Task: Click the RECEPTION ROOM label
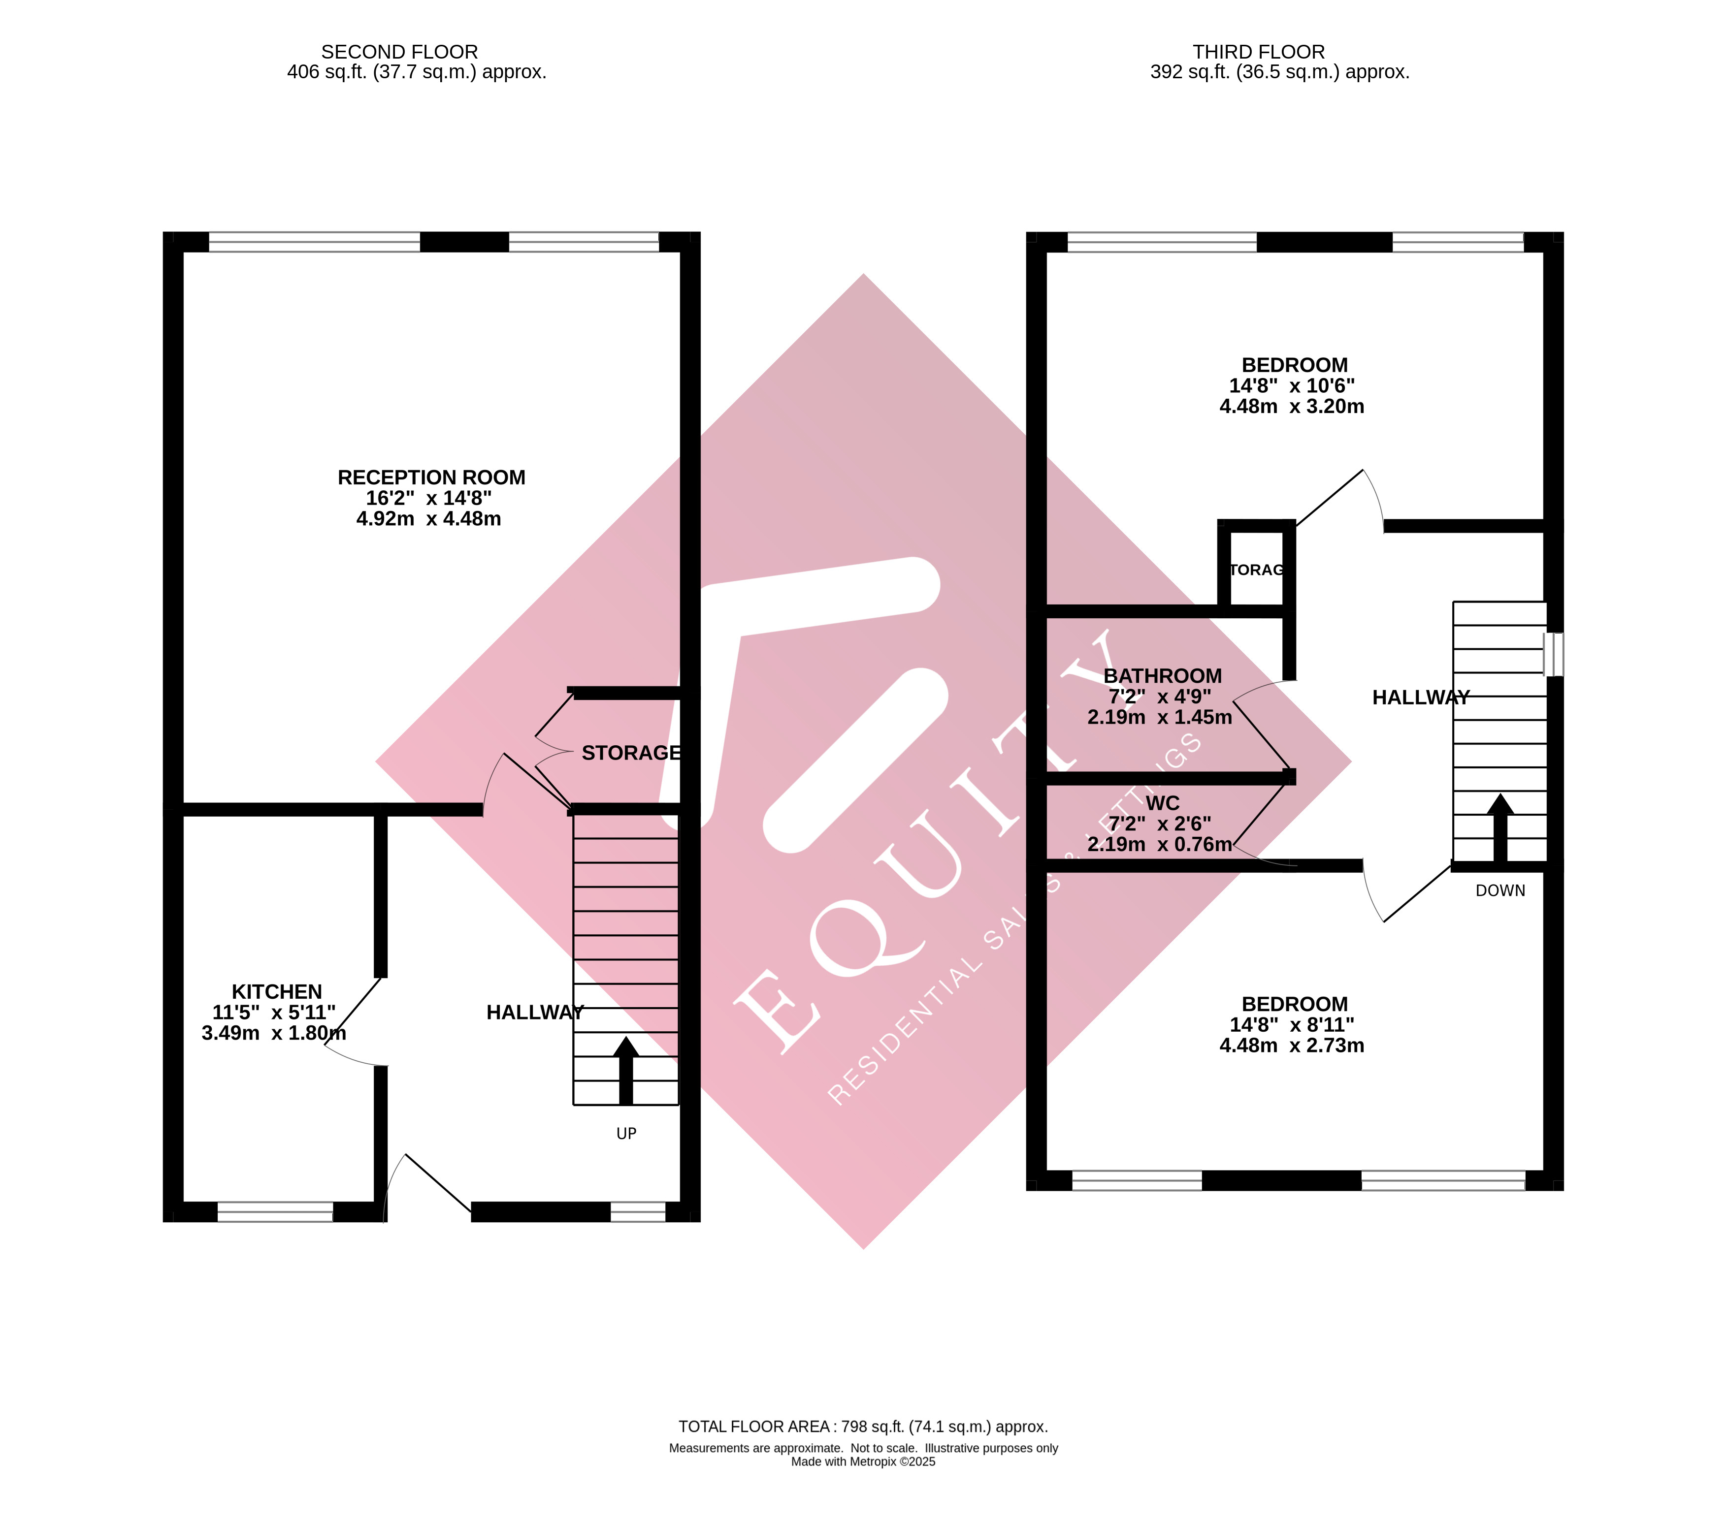[x=431, y=478]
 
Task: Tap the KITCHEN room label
[x=277, y=992]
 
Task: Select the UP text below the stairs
[x=626, y=1134]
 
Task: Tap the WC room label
[x=1163, y=803]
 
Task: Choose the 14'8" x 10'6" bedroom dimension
[x=1292, y=386]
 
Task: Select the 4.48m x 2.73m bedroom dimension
[x=1292, y=1046]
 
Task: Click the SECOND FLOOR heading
[x=400, y=52]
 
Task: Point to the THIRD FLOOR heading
[x=1258, y=52]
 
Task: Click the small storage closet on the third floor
[x=1256, y=570]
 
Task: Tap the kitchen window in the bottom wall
[x=275, y=1212]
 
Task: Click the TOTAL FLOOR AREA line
[x=863, y=1427]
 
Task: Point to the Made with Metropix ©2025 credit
[x=863, y=1462]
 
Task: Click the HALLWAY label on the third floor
[x=1420, y=698]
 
